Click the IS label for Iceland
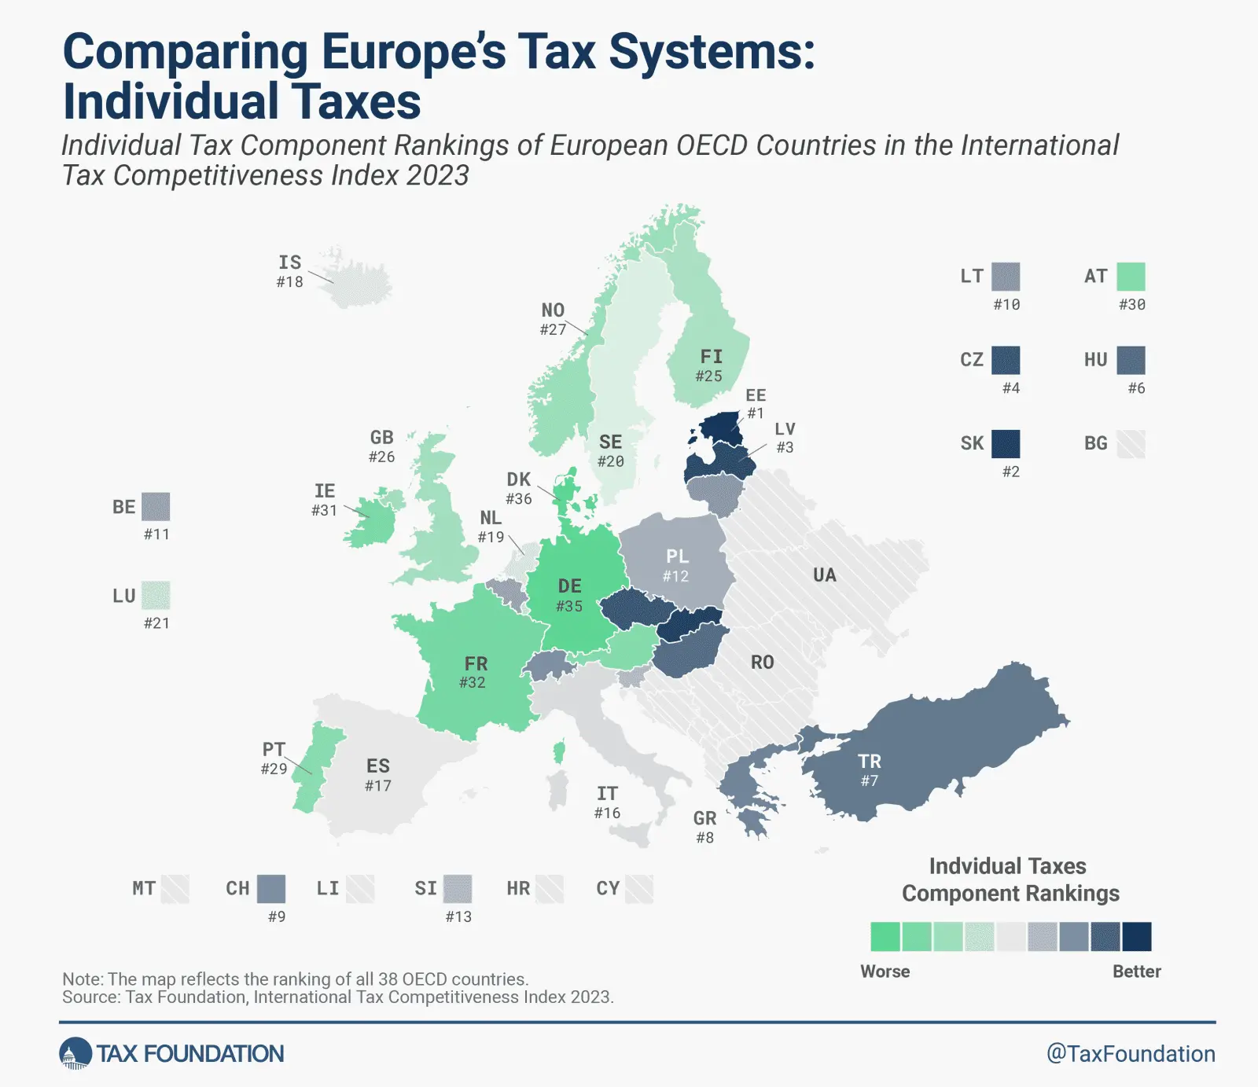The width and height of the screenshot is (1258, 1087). click(289, 263)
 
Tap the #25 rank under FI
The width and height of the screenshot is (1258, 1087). click(708, 376)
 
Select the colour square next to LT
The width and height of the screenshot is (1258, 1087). click(1006, 277)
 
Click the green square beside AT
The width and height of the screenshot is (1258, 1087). click(1131, 277)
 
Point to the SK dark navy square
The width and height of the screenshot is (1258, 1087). click(1006, 444)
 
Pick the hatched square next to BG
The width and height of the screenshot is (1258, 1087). click(1131, 444)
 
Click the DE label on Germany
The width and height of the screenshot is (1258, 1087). click(569, 586)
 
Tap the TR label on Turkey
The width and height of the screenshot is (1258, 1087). click(870, 762)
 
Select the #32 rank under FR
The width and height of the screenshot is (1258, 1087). click(473, 683)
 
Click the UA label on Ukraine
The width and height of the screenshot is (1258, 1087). click(824, 575)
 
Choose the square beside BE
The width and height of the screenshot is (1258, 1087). click(156, 507)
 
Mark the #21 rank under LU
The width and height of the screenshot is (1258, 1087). click(156, 623)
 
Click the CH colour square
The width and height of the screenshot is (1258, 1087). click(271, 889)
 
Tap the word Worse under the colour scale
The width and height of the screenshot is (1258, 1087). click(885, 971)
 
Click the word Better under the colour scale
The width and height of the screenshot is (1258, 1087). click(1136, 971)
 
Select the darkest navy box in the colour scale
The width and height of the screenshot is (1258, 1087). click(1136, 937)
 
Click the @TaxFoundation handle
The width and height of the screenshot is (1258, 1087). click(1130, 1054)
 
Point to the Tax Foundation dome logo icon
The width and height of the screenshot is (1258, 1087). click(75, 1054)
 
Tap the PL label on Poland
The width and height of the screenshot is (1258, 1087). click(677, 556)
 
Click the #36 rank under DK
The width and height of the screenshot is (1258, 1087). click(519, 499)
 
